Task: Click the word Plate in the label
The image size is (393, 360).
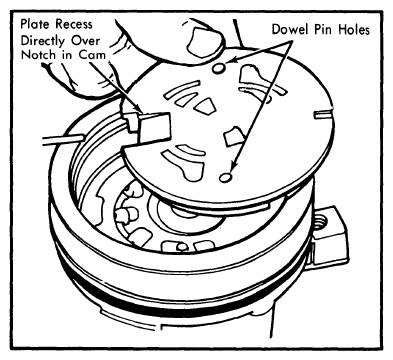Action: (35, 24)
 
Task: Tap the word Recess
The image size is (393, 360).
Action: (74, 24)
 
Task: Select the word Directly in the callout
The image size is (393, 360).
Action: (42, 41)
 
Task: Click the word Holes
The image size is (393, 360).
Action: (354, 29)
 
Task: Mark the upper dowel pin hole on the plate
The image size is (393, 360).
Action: (219, 69)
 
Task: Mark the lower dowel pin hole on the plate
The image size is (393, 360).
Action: (226, 177)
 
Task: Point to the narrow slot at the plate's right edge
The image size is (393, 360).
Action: (323, 113)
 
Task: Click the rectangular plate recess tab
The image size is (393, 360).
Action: (154, 126)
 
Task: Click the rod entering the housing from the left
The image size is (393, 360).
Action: (62, 140)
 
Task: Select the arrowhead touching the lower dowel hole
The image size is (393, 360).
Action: (234, 165)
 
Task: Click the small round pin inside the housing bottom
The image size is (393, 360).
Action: (182, 247)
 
